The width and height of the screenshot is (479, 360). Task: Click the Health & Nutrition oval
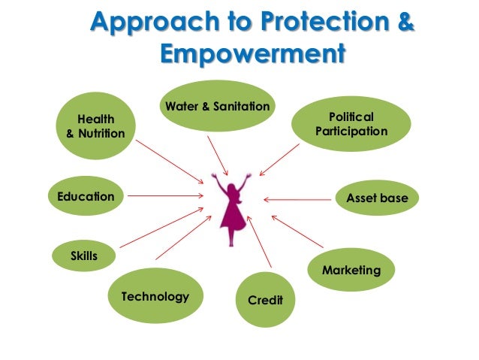[91, 126]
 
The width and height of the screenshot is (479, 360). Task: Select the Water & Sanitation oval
[216, 107]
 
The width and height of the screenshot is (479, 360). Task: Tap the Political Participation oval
[351, 125]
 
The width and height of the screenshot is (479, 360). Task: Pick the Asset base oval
[376, 198]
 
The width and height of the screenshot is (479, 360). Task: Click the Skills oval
[84, 256]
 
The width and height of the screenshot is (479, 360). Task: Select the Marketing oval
[351, 270]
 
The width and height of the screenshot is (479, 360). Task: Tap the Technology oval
[155, 296]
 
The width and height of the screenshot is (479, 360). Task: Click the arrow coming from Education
[166, 198]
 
